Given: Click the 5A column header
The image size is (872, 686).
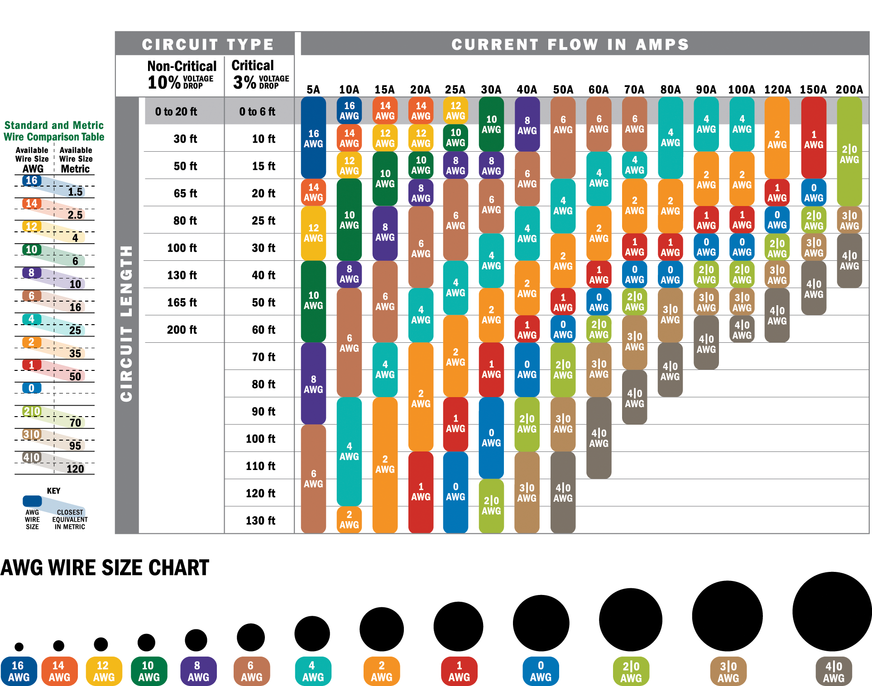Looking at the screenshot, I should (313, 89).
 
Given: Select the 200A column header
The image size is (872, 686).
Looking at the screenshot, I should (849, 89).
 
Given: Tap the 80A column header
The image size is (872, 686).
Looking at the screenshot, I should (670, 89).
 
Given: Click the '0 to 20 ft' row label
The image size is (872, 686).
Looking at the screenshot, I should (176, 111).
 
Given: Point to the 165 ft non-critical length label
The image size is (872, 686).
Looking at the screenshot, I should (182, 302).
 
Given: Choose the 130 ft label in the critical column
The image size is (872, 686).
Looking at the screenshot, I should (260, 520).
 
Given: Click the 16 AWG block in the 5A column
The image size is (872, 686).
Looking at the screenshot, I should (313, 138).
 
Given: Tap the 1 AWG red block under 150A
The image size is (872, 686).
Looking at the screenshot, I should (814, 139).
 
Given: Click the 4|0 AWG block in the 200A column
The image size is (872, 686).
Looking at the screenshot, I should (849, 260).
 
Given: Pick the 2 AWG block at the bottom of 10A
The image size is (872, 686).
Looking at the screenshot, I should (349, 519).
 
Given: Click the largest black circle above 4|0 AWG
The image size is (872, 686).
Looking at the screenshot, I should (832, 611).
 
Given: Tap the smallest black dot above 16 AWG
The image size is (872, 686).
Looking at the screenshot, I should (19, 646).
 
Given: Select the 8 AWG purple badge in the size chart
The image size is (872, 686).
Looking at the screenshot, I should (198, 671).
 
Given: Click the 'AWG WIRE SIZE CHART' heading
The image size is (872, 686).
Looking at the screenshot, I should (105, 568).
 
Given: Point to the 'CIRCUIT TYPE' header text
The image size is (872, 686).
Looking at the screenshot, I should (208, 44).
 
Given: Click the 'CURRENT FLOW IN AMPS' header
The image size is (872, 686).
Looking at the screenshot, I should (570, 44).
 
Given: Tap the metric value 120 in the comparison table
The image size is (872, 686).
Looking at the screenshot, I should (75, 468).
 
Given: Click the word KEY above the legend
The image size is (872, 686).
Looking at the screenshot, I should (53, 491).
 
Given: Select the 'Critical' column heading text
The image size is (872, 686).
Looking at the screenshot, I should (253, 66).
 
